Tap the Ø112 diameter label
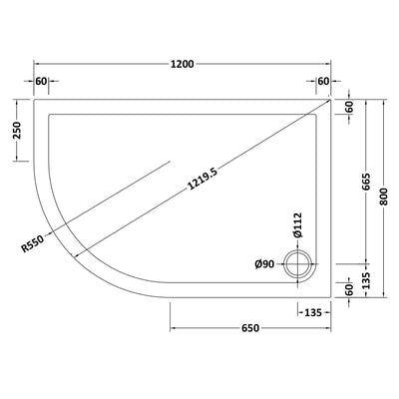[296, 224]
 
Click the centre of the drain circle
[296, 264]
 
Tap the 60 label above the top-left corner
[42, 81]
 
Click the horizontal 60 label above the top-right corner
[323, 81]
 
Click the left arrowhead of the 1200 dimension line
[37, 75]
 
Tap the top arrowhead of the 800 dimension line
[386, 101]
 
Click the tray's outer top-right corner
[332, 98]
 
